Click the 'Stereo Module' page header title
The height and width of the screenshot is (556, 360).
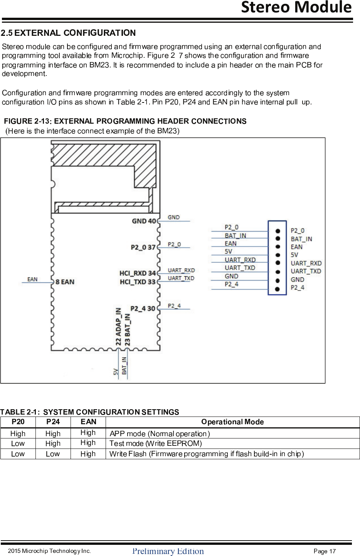point(296,8)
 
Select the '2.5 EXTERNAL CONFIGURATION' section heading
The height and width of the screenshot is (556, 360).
point(68,33)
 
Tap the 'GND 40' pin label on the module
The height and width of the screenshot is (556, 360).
point(144,221)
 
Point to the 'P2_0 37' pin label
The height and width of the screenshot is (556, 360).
point(143,247)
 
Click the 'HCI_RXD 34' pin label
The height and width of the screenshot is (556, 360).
point(137,273)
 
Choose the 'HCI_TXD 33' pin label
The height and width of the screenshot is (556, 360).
point(137,282)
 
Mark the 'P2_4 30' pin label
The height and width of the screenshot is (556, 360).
point(143,309)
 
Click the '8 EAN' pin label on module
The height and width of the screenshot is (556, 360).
point(65,282)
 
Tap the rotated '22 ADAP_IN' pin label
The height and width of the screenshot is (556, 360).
point(119,326)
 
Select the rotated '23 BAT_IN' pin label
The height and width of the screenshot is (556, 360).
point(128,329)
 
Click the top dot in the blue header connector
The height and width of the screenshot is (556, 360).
point(278,231)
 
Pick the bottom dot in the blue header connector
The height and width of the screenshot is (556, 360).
point(278,289)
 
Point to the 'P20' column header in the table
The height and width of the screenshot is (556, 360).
point(18,422)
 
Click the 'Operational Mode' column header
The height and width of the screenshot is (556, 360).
point(232,422)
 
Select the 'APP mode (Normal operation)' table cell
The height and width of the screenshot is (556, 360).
point(160,434)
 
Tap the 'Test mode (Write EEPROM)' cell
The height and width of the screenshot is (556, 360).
point(156,443)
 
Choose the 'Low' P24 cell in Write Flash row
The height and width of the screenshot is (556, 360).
point(53,454)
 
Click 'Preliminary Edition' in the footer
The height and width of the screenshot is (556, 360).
point(168,551)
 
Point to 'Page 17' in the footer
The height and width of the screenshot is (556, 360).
point(325,551)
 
